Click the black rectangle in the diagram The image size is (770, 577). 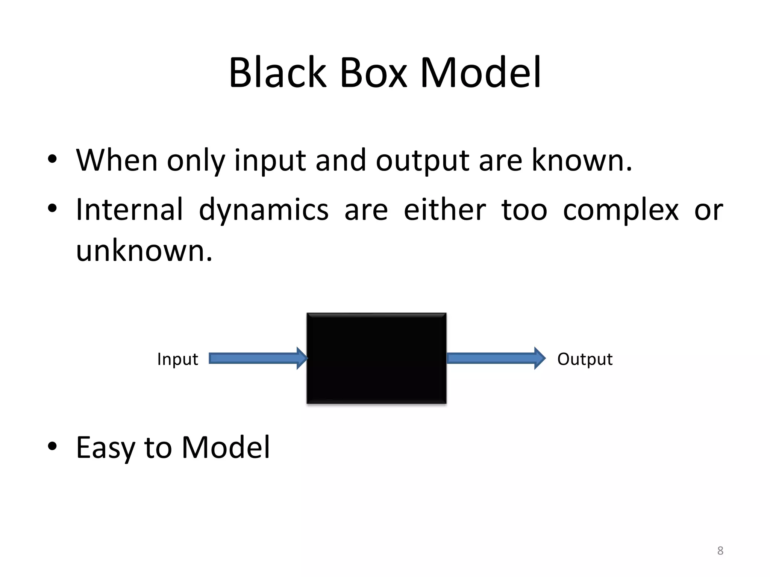coord(376,358)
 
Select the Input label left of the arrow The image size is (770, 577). coord(177,359)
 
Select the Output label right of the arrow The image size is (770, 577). coord(585,359)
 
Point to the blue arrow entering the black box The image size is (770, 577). coord(258,358)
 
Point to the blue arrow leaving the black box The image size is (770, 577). coord(496,358)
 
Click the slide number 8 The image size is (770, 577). coord(720,551)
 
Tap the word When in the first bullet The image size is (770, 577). coord(117,160)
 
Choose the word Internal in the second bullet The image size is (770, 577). coord(129,209)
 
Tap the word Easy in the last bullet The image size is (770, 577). coord(105,448)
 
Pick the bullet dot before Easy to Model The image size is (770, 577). coord(52,446)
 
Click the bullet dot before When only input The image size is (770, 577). coord(52,159)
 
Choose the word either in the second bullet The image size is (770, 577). coord(444,209)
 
